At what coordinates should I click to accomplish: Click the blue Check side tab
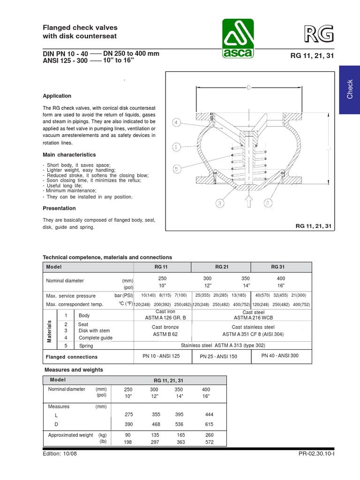coord(349,90)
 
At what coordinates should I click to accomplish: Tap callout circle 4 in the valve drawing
coord(176,123)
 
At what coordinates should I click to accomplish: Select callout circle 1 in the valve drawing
coord(176,147)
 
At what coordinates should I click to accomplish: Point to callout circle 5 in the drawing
coord(176,168)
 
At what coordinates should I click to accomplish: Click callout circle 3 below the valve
coord(220,203)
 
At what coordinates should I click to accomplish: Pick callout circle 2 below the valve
coord(268,203)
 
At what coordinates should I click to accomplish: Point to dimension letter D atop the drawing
coord(248,87)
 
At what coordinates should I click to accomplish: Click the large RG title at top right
coord(320,34)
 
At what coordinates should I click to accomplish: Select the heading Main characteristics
coord(69,155)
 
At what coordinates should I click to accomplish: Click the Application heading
coord(57,96)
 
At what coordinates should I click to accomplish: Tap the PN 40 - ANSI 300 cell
coord(280,356)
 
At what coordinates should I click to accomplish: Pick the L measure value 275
coord(128,414)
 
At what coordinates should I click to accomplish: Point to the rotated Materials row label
coord(49,331)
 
